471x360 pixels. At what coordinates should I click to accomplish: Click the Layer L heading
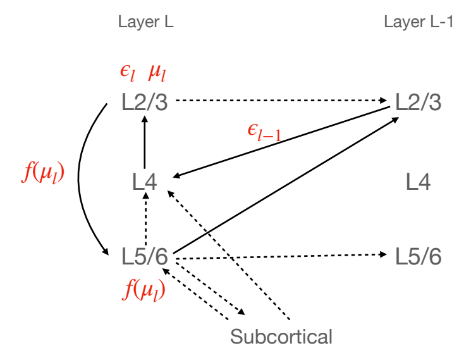145,22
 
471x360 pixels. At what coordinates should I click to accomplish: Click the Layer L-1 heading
419,22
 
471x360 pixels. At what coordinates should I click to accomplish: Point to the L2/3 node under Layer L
145,101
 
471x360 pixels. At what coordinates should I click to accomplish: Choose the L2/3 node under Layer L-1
418,101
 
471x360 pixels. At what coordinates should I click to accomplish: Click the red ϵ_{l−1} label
264,133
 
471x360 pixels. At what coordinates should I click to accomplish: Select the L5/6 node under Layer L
145,258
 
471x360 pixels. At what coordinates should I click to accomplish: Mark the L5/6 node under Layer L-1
418,258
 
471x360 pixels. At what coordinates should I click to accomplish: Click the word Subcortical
281,336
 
